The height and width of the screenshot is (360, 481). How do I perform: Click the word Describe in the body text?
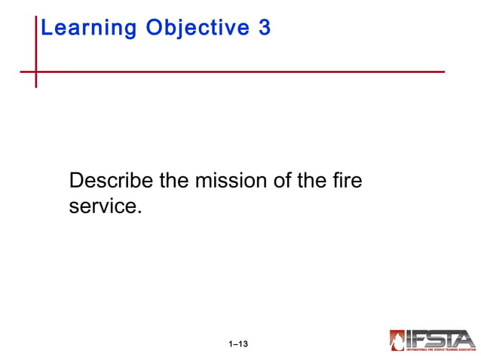click(x=111, y=182)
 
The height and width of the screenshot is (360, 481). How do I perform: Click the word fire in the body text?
click(x=346, y=182)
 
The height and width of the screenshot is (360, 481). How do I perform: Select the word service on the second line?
click(x=103, y=206)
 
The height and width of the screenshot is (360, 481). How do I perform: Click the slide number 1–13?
click(x=239, y=344)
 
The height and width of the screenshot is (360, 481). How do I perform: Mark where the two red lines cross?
click(x=35, y=72)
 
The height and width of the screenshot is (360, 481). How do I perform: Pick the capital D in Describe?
click(x=76, y=182)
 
